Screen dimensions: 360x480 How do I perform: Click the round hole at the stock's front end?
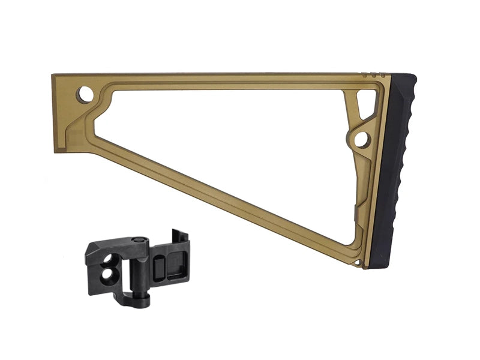click(85, 94)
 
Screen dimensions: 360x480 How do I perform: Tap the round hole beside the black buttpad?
click(362, 140)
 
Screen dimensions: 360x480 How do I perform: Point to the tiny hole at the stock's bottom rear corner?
click(358, 262)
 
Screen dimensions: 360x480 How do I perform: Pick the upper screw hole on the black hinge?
click(112, 259)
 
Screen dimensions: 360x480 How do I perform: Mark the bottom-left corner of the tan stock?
click(55, 150)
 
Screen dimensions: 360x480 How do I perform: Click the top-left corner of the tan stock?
click(54, 76)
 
